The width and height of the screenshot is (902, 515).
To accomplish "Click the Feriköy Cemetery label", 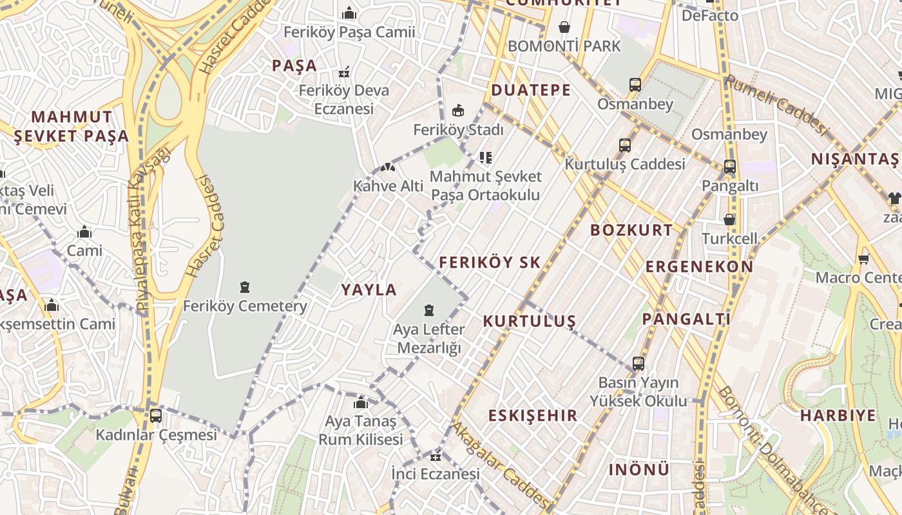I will pos(245,306).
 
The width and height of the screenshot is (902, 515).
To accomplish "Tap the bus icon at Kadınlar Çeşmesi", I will pos(156,416).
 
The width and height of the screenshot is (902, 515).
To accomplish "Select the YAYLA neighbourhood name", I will pos(369,290).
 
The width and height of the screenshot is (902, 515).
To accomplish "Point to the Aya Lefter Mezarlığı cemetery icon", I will pos(429,311).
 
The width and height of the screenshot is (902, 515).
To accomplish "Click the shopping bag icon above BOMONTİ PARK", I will pos(564,27).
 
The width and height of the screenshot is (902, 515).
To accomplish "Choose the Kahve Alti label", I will pos(389,186).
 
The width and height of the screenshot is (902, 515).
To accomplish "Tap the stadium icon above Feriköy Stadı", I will pos(458,111).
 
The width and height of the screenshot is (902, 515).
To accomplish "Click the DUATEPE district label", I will pos(531,90).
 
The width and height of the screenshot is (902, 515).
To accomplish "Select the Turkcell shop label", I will pos(729,238).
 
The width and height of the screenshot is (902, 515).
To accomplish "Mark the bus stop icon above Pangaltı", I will pos(730,167).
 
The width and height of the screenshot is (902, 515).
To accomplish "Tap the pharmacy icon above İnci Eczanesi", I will pos(436,457).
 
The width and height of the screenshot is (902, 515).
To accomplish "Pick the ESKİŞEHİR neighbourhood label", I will pos(533,415).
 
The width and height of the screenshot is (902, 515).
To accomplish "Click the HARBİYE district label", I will pos(838,415).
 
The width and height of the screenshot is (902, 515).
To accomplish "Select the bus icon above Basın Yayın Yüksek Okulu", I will pos(638,364).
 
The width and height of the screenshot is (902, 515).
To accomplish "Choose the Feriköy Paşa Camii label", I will pos(349,32).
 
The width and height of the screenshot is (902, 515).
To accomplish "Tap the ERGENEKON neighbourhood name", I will pos(699,267).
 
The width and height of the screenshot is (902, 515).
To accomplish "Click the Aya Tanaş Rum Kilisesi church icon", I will pos(361,404).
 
